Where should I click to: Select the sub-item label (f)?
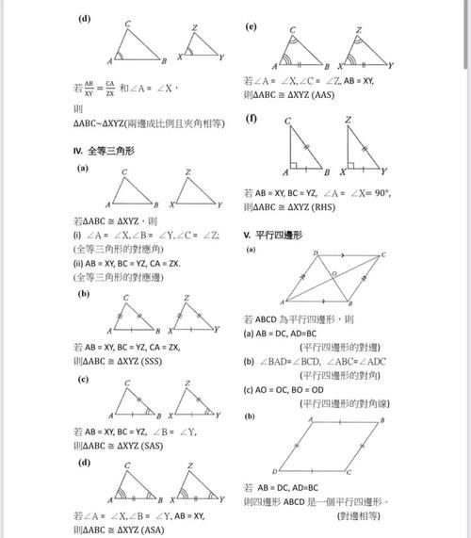click(251, 118)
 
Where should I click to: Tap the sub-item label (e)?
click(251, 26)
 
